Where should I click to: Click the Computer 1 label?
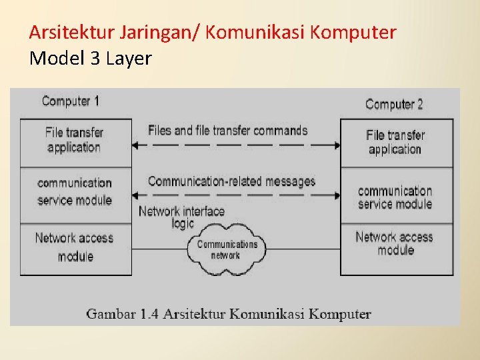70,101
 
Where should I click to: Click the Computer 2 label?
394,104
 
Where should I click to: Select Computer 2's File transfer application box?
396,142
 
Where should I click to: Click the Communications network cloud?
227,249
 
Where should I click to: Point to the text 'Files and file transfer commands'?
227,130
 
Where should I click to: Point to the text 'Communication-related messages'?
231,181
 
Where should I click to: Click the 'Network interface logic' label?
181,217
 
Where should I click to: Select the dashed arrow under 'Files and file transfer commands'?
236,145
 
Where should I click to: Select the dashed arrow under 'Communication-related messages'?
236,195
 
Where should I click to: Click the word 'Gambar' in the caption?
110,314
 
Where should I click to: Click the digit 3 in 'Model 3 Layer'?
95,59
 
